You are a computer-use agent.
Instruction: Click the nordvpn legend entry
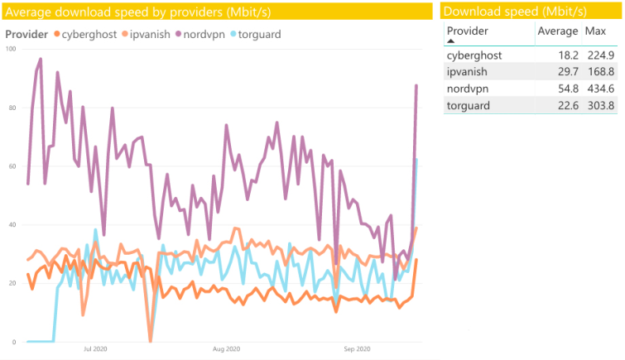click(x=200, y=34)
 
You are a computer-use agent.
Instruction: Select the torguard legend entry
click(x=256, y=34)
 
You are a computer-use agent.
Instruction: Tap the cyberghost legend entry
click(x=85, y=34)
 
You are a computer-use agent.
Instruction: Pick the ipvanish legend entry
click(x=146, y=34)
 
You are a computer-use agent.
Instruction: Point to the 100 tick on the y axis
click(x=11, y=49)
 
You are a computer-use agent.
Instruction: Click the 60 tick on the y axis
click(x=12, y=166)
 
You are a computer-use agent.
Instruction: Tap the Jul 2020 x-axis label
click(x=95, y=349)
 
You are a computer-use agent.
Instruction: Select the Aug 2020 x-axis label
click(x=226, y=349)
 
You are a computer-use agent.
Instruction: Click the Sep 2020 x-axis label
click(x=357, y=349)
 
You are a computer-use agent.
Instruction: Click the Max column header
click(x=595, y=31)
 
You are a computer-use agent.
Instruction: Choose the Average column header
click(x=558, y=31)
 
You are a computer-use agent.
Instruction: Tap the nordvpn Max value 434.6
click(x=601, y=89)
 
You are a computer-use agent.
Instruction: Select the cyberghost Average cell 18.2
click(x=569, y=55)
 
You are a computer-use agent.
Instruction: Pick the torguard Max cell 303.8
click(x=601, y=106)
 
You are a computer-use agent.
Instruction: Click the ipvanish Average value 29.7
click(x=569, y=72)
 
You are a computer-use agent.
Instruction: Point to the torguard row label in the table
click(x=469, y=106)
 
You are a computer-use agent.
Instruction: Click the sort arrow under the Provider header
click(x=451, y=41)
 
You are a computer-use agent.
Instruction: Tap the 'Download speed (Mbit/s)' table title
click(x=515, y=11)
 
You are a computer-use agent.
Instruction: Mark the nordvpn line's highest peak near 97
click(x=41, y=59)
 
